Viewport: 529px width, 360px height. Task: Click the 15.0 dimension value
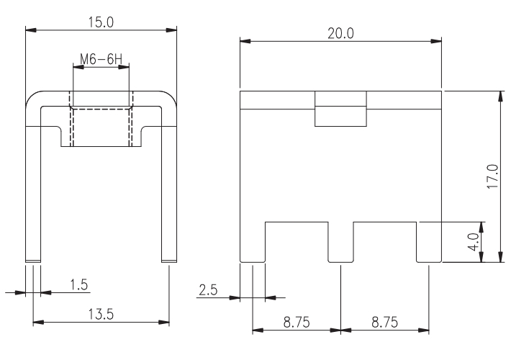(x=101, y=22)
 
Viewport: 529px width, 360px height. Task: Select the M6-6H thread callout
(x=101, y=59)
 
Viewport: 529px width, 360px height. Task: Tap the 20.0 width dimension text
(x=340, y=33)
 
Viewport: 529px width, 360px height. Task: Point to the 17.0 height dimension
(x=493, y=176)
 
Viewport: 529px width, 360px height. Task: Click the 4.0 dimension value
(x=474, y=242)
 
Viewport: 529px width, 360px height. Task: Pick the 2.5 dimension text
(x=208, y=290)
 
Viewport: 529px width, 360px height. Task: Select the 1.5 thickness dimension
(x=78, y=285)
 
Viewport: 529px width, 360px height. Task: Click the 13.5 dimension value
(x=101, y=314)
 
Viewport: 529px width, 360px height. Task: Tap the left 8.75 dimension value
(x=297, y=323)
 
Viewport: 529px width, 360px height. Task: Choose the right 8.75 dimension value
(x=384, y=323)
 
